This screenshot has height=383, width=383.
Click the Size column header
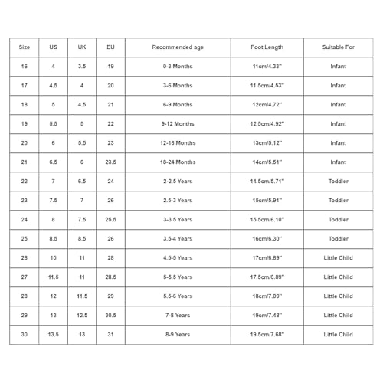(25, 47)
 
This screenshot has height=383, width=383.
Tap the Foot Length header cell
(267, 47)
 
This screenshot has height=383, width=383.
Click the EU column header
(110, 47)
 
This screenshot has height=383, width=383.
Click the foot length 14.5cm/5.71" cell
(267, 182)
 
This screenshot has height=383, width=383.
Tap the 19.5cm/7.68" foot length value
(267, 335)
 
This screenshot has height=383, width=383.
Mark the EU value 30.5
(110, 316)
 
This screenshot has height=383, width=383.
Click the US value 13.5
(53, 335)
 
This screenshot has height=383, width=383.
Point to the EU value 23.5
(110, 162)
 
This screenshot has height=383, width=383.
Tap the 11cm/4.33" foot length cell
(267, 67)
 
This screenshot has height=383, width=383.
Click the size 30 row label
(25, 335)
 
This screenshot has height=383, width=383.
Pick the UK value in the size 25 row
(82, 239)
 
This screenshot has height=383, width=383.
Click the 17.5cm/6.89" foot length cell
(267, 277)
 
